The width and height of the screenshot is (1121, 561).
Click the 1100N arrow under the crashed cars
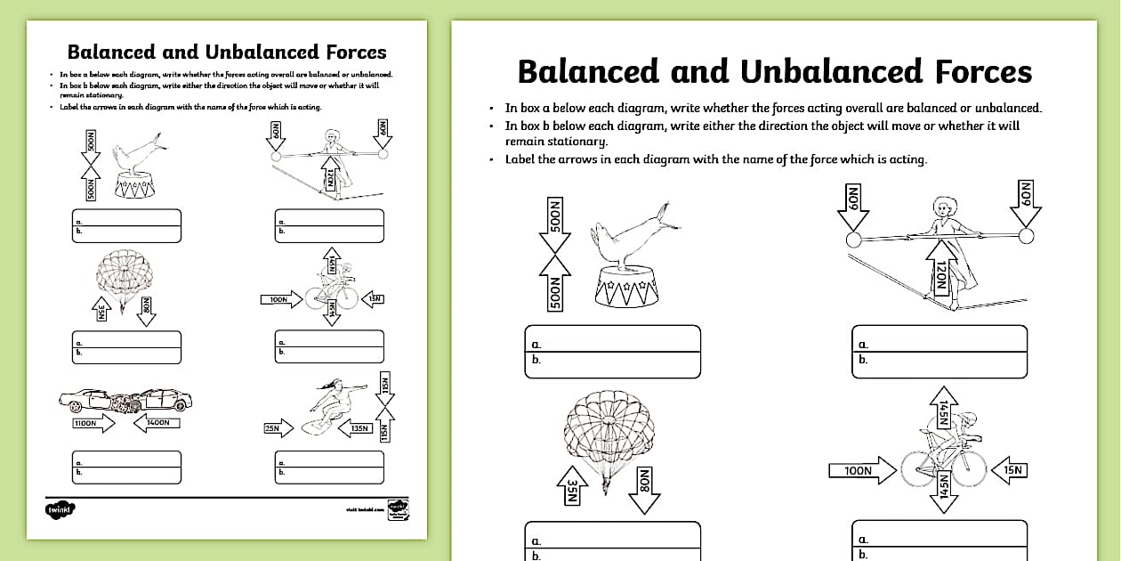(93, 425)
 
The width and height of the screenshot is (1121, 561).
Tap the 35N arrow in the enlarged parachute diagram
(573, 489)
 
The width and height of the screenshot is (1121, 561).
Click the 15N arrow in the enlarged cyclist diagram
(1008, 470)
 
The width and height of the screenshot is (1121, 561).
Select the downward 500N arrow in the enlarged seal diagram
(554, 227)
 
